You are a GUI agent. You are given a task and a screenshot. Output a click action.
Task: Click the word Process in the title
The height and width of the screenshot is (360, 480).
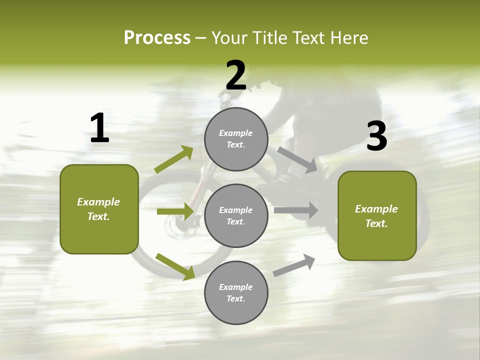(157, 38)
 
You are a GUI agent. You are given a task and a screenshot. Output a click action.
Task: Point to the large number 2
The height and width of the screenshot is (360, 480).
(236, 75)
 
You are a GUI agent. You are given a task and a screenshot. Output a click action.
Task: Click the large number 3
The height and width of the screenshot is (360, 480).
(376, 136)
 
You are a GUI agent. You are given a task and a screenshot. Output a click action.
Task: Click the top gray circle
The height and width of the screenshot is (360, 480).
(236, 139)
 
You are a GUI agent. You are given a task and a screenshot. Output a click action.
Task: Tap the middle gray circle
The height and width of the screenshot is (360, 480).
(236, 215)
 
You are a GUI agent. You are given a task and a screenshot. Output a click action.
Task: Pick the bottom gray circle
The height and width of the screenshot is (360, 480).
(236, 292)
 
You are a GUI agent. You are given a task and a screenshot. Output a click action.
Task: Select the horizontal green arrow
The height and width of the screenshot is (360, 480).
(174, 211)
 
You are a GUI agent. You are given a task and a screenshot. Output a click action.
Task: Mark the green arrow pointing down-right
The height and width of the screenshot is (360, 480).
(175, 266)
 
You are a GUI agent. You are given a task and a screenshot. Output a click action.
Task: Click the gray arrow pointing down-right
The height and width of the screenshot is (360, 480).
(297, 159)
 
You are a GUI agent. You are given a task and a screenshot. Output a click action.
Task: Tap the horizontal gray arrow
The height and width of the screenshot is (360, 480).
(295, 210)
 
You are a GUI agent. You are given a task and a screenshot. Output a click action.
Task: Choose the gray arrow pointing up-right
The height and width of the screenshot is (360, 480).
(294, 265)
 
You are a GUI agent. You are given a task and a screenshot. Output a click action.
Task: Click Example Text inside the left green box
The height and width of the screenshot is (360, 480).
(98, 209)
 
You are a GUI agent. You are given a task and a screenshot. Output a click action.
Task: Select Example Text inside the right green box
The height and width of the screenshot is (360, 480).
(376, 216)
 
